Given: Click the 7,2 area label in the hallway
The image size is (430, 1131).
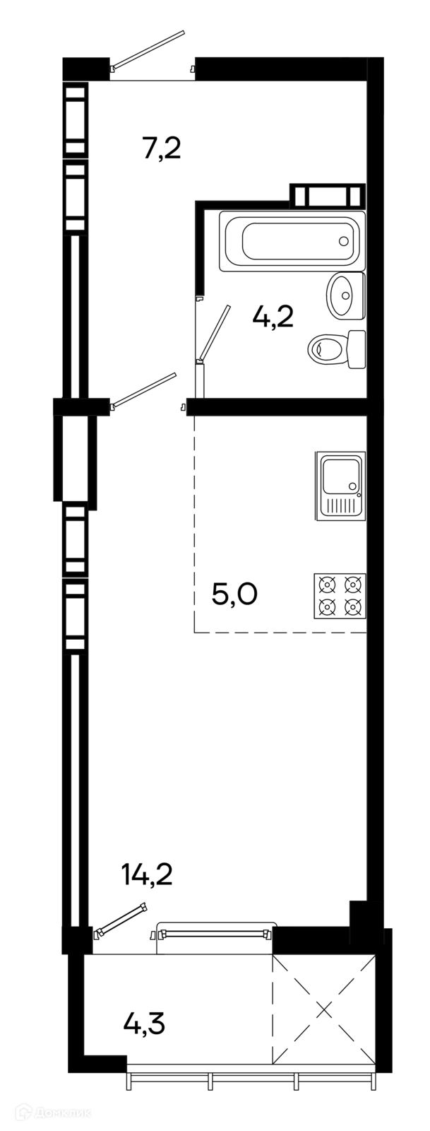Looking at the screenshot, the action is [161, 148].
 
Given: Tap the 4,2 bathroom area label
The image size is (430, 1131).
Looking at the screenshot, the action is [274, 317].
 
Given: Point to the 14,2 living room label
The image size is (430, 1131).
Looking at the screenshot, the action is [147, 874].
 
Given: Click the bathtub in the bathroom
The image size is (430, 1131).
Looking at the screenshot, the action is [292, 241].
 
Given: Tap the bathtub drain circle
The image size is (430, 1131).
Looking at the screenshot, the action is [344, 241].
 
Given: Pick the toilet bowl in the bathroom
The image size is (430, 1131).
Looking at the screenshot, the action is [328, 348].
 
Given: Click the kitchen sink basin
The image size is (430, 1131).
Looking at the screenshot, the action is [341, 476].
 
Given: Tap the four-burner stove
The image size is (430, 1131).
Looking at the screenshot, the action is [340, 595].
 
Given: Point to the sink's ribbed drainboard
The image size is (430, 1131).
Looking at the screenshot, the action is [342, 507].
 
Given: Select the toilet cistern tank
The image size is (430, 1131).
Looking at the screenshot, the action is [357, 349].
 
